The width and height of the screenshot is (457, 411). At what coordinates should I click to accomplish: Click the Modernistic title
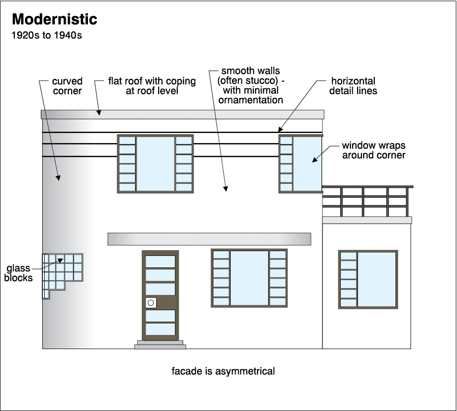click(54, 19)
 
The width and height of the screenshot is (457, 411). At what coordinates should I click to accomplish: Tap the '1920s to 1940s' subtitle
click(47, 36)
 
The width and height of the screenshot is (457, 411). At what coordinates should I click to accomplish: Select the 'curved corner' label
click(67, 86)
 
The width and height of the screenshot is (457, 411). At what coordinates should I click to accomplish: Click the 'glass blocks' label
click(19, 273)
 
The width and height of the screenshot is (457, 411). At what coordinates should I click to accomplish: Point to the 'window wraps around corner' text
click(373, 150)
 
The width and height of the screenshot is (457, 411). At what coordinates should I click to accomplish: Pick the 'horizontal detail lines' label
click(352, 86)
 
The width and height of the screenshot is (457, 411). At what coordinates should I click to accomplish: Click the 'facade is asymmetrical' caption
click(223, 371)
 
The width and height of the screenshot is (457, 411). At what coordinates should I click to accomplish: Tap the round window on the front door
click(150, 302)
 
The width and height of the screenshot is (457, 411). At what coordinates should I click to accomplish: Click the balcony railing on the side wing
click(367, 201)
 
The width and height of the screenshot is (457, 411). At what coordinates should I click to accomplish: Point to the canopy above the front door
click(209, 239)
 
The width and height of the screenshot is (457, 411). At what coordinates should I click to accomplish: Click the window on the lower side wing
click(368, 279)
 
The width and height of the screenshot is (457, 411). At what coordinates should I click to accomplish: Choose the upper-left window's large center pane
click(155, 164)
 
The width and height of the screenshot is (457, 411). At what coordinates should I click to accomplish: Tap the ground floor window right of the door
click(249, 278)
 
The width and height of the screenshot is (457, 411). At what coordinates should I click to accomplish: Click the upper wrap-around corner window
click(301, 164)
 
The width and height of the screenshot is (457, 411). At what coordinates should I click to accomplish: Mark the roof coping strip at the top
click(183, 114)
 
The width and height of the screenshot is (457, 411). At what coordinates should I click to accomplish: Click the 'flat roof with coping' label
click(152, 86)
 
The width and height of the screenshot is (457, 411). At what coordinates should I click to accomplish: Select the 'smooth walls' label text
click(250, 85)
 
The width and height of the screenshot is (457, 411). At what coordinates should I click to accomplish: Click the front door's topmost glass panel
click(161, 262)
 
